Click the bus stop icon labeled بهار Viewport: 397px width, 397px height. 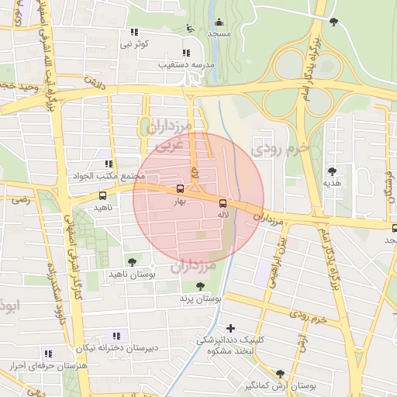pyautogui.click(x=181, y=188)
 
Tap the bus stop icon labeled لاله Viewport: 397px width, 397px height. pyautogui.click(x=224, y=199)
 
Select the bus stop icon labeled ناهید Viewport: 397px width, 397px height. pyautogui.click(x=103, y=195)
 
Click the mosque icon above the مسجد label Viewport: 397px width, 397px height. pyautogui.click(x=219, y=22)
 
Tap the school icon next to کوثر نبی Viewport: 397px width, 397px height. pyautogui.click(x=134, y=33)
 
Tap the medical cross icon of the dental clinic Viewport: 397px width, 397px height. pyautogui.click(x=230, y=328)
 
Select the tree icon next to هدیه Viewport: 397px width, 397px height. pyautogui.click(x=333, y=171)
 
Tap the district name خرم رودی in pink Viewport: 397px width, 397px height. pyautogui.click(x=282, y=147)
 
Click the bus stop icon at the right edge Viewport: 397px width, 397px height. pyautogui.click(x=395, y=226)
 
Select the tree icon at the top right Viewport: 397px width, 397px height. pyautogui.click(x=333, y=22)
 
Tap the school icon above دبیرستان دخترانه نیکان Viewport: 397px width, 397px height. pyautogui.click(x=116, y=336)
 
